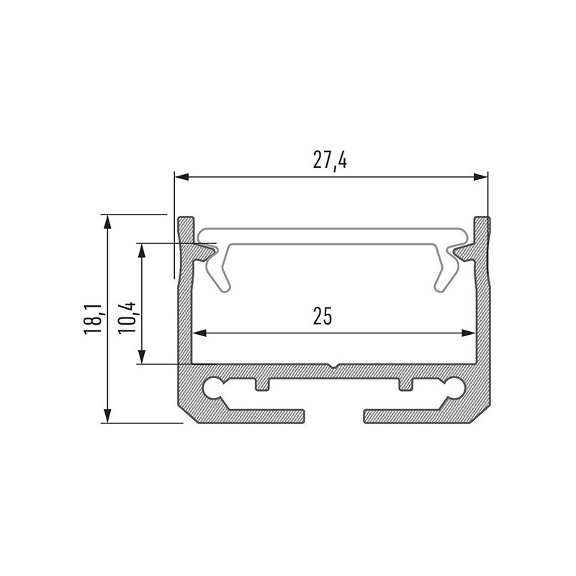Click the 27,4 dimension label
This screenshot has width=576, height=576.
coord(330,161)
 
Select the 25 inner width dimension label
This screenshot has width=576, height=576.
coord(323,317)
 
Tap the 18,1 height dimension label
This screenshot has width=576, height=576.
coord(91,319)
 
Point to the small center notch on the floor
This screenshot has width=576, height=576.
coord(331,366)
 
